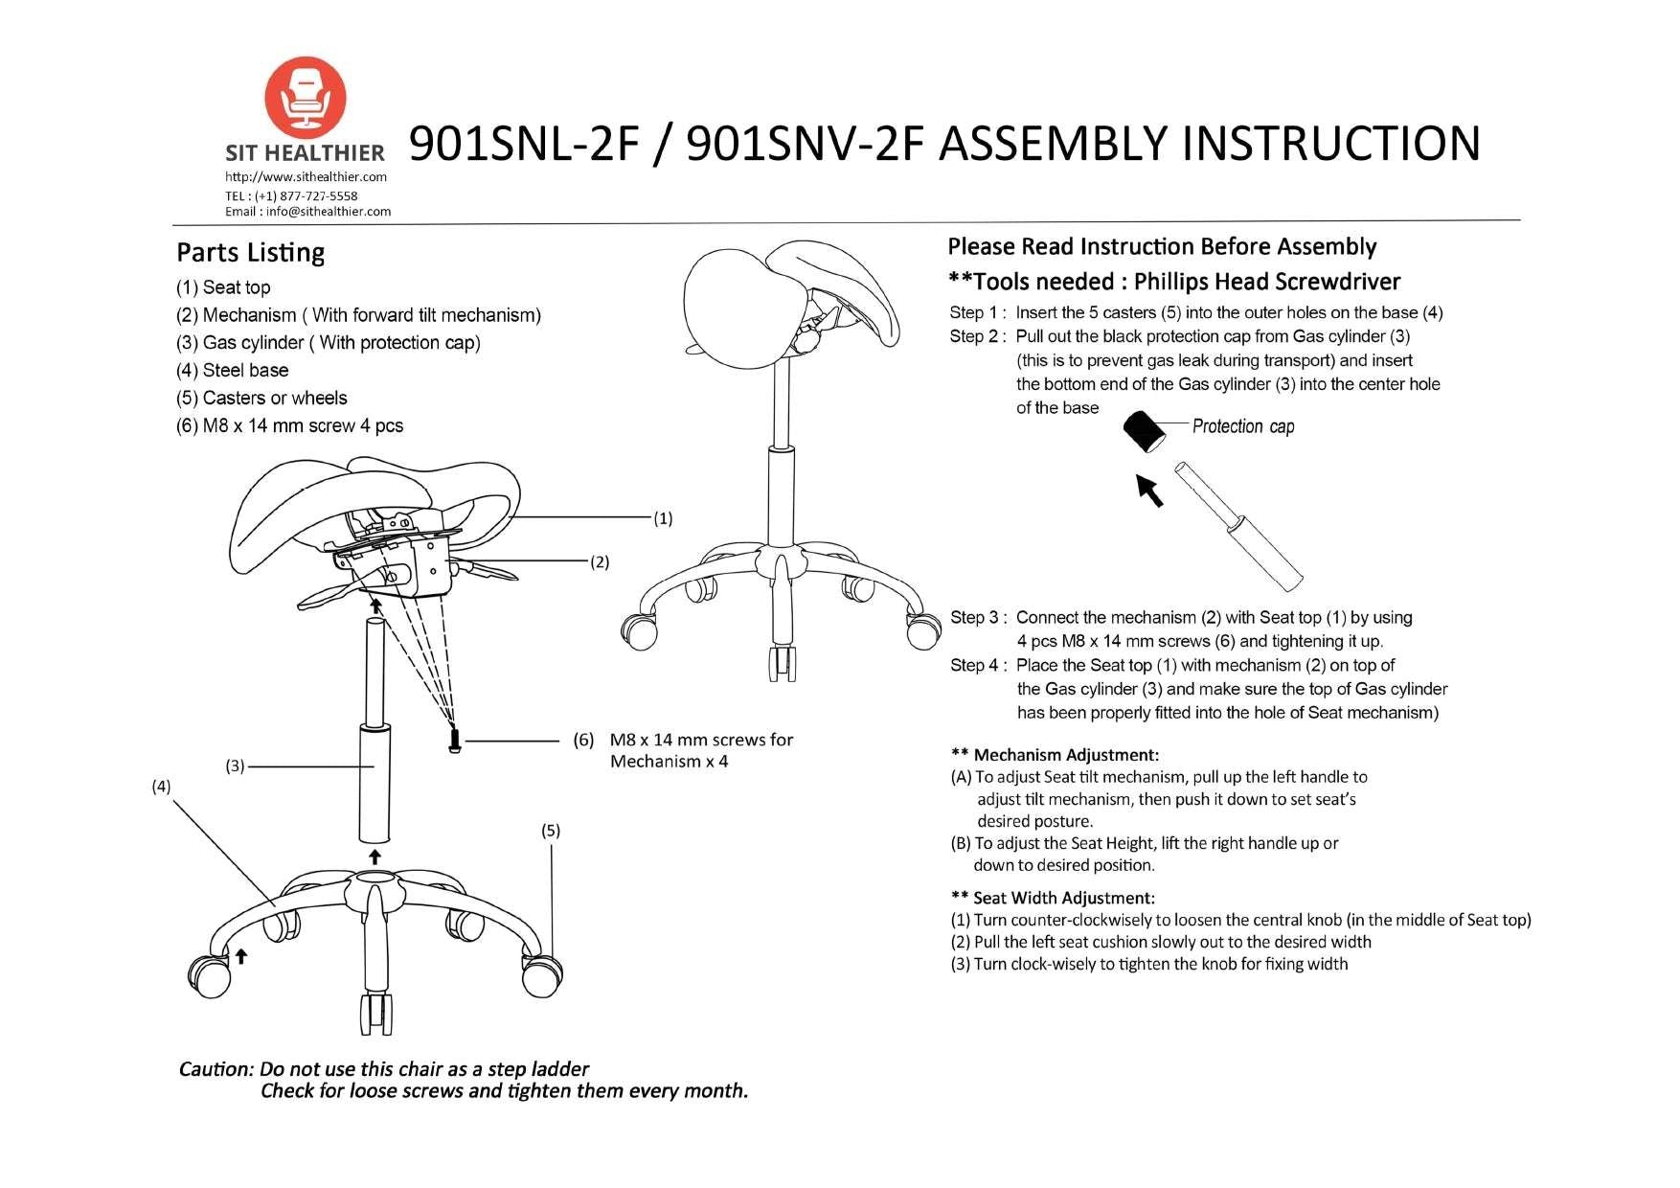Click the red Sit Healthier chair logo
[305, 97]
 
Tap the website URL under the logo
[306, 177]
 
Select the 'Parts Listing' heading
[250, 253]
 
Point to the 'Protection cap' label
[1242, 426]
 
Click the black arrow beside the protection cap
[1148, 491]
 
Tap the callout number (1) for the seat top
[663, 518]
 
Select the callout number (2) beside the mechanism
[599, 562]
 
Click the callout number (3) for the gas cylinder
[236, 765]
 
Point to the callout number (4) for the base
[161, 787]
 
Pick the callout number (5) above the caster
[550, 831]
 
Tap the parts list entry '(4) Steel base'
[232, 371]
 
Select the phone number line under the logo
[291, 195]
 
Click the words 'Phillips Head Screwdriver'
[1266, 282]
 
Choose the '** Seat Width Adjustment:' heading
[1053, 898]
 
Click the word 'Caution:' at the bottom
[216, 1068]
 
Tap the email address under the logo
[307, 212]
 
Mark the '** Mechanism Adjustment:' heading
[1055, 755]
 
